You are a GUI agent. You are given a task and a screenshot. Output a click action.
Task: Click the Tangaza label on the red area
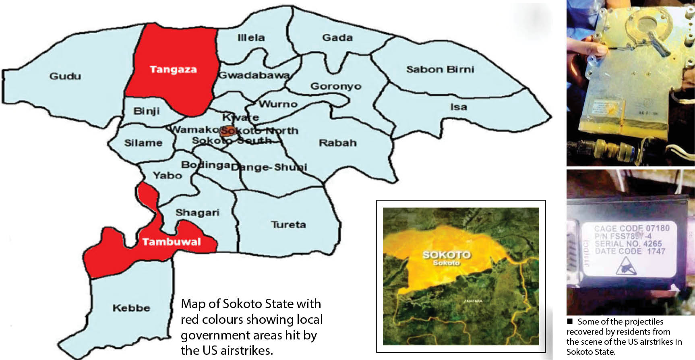click(173, 69)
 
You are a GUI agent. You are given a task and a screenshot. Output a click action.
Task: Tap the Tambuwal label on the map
click(171, 242)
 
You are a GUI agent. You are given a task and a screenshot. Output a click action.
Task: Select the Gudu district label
click(65, 76)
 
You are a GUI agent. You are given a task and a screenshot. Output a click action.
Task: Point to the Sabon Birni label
click(440, 69)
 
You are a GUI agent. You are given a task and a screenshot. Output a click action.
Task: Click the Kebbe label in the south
click(131, 308)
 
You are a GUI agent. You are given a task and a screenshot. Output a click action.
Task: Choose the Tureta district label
click(288, 225)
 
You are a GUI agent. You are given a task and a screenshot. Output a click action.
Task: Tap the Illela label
click(251, 37)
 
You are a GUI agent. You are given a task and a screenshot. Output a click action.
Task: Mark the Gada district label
click(337, 37)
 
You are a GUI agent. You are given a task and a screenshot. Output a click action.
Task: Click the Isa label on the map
click(458, 107)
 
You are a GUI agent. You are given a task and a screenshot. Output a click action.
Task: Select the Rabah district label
click(337, 143)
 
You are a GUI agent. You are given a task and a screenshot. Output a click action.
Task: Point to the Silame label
click(143, 143)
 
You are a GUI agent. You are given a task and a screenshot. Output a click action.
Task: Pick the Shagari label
click(197, 212)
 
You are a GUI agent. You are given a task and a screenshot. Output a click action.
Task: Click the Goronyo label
click(336, 86)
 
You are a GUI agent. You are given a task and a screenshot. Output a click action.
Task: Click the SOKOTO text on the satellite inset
click(446, 254)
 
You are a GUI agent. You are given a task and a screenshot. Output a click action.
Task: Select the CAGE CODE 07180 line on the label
click(631, 228)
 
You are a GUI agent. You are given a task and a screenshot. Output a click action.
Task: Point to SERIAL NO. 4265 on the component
click(628, 244)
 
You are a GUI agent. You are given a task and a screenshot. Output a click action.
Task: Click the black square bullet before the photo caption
click(570, 321)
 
